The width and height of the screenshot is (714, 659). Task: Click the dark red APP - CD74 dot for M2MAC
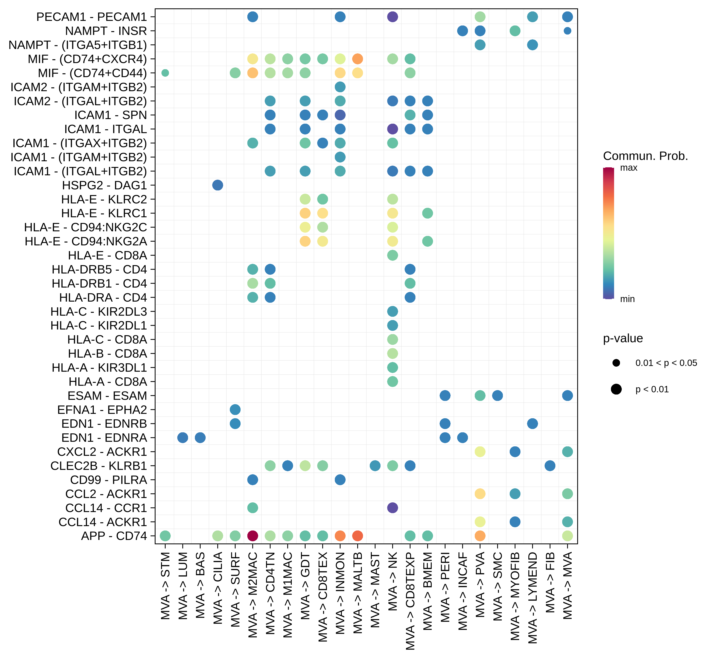click(x=252, y=536)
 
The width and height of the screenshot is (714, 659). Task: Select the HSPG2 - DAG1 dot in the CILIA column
click(x=217, y=185)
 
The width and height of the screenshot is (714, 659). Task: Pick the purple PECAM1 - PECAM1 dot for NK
click(x=392, y=17)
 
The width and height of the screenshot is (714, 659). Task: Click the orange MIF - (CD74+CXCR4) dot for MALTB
click(x=357, y=59)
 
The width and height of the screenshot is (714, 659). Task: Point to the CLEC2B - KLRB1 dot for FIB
click(x=550, y=466)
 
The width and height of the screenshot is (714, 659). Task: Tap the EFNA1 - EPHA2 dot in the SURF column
click(x=235, y=410)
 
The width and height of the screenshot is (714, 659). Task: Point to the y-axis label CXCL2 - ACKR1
click(x=102, y=452)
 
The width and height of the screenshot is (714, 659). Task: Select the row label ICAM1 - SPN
click(x=111, y=115)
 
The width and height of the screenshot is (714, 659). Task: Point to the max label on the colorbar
click(x=628, y=168)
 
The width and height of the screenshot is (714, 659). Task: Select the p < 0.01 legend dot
click(x=616, y=389)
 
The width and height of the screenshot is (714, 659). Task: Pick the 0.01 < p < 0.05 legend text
click(x=666, y=363)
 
